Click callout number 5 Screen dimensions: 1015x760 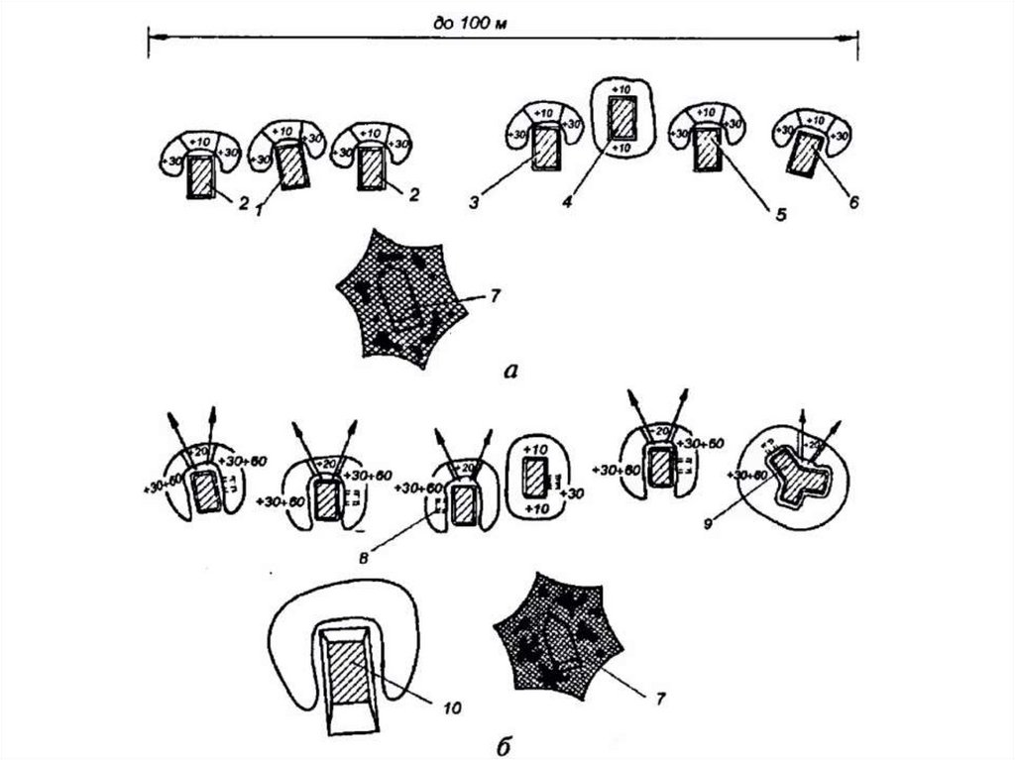tap(780, 212)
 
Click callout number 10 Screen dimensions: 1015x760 tap(452, 707)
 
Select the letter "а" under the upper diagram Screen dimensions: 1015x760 tap(511, 372)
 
